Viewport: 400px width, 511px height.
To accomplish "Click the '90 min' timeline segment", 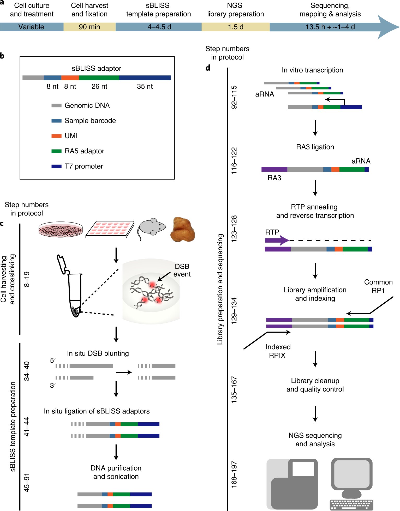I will coord(89,27).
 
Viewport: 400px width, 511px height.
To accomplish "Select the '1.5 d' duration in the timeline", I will coord(235,27).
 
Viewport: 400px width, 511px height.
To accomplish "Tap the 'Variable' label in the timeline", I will coord(31,27).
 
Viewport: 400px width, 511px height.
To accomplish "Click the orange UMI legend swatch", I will coord(56,136).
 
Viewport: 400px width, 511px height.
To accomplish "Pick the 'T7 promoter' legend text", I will coord(84,166).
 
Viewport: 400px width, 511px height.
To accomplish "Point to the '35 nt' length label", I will coord(145,86).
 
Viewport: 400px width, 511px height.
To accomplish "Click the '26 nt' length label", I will coord(99,86).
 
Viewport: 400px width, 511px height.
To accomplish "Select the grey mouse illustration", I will coord(151,227).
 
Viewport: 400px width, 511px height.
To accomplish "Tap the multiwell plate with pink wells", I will coord(110,229).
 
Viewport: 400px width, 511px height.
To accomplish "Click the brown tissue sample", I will coord(182,229).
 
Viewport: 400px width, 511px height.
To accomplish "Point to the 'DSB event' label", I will coord(182,270).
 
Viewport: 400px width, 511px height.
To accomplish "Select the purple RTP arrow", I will coord(277,240).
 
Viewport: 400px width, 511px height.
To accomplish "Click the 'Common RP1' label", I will coord(378,286).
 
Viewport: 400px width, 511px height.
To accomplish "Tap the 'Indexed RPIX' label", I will coord(278,351).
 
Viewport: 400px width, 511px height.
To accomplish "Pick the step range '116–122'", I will coord(234,161).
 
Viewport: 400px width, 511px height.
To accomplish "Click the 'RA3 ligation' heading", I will coord(315,147).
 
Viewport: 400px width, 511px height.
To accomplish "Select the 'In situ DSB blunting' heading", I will coord(98,353).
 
